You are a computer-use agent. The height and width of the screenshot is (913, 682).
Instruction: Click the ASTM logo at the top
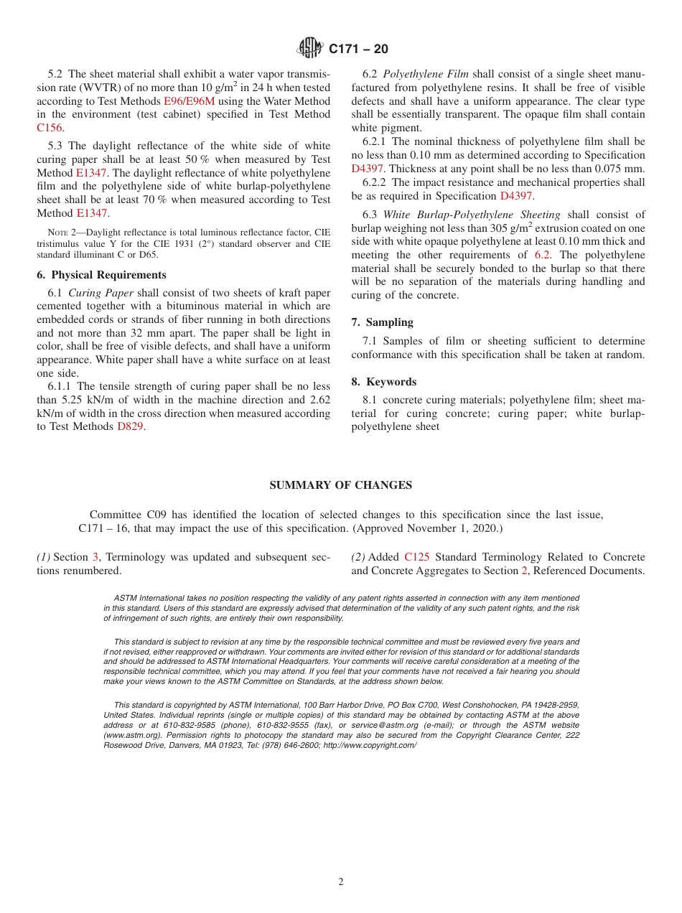coord(311,48)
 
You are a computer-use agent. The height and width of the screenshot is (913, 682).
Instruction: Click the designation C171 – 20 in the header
coord(358,49)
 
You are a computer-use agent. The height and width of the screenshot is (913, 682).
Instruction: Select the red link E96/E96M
coord(189,101)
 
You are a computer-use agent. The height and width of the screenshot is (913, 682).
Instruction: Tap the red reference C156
coord(50,128)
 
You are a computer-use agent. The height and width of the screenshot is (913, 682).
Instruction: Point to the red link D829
coord(130,426)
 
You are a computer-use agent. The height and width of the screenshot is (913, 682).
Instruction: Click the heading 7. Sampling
coord(382,322)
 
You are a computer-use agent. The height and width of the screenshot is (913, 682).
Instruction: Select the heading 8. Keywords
coord(383,382)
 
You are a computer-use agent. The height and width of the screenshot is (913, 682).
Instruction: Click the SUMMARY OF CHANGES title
coord(340,485)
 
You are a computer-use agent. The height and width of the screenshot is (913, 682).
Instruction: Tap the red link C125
coord(416,557)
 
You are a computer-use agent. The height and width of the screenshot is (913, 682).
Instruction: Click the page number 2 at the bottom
coord(341,882)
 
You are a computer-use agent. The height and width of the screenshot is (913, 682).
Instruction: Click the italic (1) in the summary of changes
coord(44,557)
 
